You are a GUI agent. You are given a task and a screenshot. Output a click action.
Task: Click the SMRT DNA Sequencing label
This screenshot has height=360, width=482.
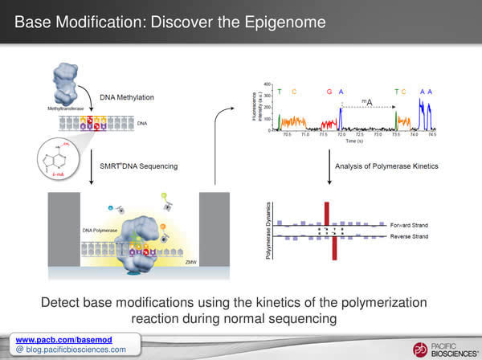[138, 166]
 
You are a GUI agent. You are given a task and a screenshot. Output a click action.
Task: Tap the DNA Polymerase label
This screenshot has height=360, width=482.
[103, 230]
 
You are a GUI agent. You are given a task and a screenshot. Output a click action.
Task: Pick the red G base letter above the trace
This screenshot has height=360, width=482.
[329, 92]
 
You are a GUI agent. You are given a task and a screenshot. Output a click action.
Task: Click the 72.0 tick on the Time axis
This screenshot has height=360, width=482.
[341, 135]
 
